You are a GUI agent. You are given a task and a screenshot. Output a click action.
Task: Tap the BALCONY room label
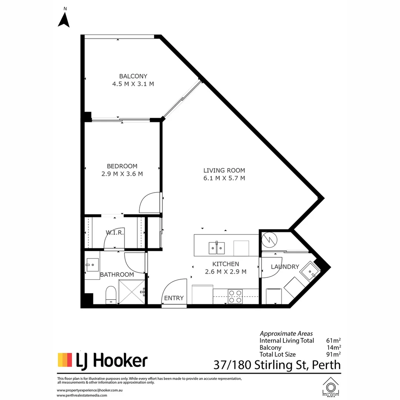click(x=133, y=76)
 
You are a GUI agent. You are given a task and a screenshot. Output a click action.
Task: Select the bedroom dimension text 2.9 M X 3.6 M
click(x=122, y=174)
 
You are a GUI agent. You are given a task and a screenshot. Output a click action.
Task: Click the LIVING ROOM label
click(x=224, y=170)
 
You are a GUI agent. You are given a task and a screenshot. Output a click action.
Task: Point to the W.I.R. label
click(x=114, y=232)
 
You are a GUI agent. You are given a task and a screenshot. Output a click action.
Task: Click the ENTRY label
click(x=174, y=298)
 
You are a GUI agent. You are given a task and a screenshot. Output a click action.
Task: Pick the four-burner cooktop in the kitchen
click(x=235, y=296)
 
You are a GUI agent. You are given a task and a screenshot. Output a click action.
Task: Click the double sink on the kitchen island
click(x=217, y=248)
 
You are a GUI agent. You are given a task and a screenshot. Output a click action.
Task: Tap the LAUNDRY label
click(x=285, y=267)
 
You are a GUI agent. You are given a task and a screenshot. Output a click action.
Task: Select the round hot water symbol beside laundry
click(x=270, y=240)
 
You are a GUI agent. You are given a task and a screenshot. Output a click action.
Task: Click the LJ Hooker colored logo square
click(x=65, y=360)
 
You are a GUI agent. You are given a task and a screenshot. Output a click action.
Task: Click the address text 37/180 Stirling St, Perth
click(x=277, y=365)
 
